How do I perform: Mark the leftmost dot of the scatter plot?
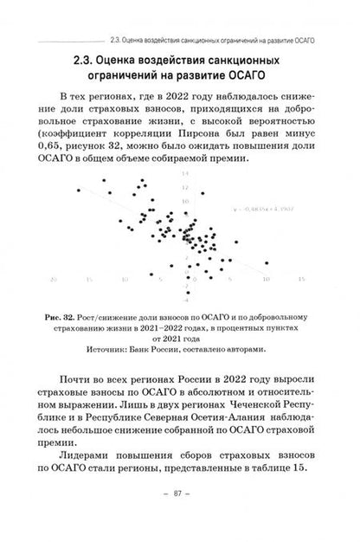tap(77, 190)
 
